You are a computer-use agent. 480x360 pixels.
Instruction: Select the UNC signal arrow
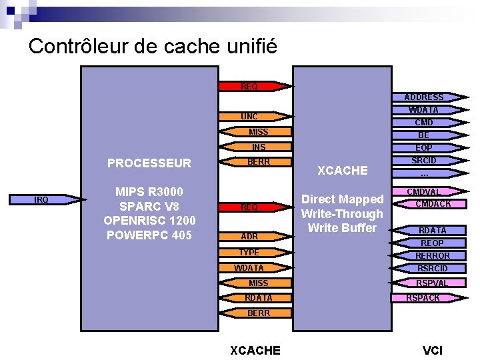pos(250,117)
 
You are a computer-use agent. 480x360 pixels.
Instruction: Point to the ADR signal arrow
pos(250,237)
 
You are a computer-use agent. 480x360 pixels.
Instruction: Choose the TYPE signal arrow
pos(250,253)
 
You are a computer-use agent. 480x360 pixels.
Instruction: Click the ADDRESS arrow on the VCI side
pos(424,97)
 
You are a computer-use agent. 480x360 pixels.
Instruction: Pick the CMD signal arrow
pos(424,123)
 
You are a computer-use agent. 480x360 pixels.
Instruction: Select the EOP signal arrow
pos(424,148)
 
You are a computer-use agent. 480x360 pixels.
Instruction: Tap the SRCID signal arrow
pos(424,161)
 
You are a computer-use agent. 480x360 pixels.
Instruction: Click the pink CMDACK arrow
pos(432,204)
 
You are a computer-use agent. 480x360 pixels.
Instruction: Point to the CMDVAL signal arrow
pos(424,192)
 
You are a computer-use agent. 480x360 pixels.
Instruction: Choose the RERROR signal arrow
pos(432,256)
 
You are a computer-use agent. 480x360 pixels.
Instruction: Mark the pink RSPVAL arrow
pos(432,283)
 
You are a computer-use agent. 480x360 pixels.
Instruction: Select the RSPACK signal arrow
pos(424,298)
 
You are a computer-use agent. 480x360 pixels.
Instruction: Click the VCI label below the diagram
pos(433,351)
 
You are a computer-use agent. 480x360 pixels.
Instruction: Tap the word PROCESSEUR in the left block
pos(149,163)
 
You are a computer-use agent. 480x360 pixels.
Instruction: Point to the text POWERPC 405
pos(149,235)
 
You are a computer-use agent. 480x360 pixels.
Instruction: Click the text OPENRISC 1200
pos(149,221)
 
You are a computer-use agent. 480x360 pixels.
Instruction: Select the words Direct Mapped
pos(342,199)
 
